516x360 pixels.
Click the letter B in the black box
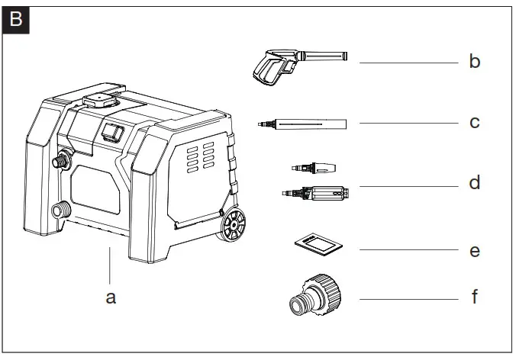click(16, 18)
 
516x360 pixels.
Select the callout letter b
click(474, 62)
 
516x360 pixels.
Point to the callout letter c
click(474, 122)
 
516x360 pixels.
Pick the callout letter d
click(474, 184)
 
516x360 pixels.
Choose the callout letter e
click(474, 250)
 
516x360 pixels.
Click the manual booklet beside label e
click(316, 246)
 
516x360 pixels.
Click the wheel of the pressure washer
click(233, 226)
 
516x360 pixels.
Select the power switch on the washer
click(112, 132)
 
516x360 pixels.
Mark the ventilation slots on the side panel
click(199, 158)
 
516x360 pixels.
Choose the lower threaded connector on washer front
click(57, 211)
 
